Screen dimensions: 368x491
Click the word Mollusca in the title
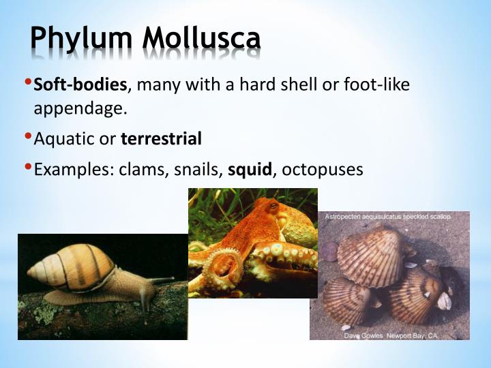click(x=201, y=39)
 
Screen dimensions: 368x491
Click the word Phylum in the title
click(x=81, y=39)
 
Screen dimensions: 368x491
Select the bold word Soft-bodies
click(x=80, y=85)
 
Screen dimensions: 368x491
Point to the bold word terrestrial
click(x=161, y=139)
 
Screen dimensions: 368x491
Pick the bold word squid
click(x=250, y=169)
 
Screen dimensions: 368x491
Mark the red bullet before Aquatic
click(x=28, y=136)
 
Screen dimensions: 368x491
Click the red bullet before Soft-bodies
click(x=28, y=83)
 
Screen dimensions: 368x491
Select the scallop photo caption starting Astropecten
click(x=387, y=217)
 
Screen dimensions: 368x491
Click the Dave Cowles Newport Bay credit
click(x=389, y=336)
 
